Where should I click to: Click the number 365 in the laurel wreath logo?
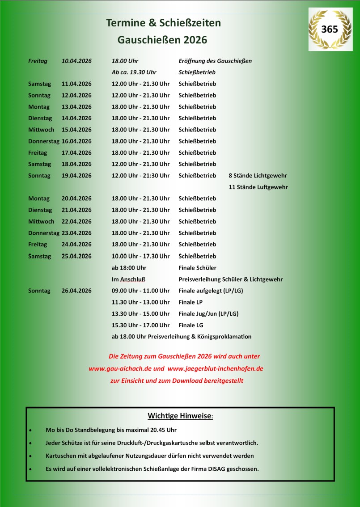330,29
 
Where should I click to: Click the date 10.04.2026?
76,61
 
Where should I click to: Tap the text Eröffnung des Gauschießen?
215,61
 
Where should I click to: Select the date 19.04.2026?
76,176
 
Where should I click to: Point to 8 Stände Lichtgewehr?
258,176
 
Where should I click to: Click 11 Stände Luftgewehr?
258,187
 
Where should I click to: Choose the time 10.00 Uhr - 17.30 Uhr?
140,256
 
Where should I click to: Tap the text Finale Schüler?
197,268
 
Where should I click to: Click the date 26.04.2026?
76,291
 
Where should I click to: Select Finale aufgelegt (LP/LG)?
211,291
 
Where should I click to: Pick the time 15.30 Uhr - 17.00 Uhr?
140,325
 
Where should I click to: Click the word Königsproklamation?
229,337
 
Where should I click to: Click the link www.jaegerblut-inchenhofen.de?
215,369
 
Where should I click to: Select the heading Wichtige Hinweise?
181,416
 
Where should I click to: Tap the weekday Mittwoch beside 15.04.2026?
41,130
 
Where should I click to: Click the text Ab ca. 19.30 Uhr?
134,72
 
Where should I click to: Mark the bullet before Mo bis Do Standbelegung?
30,430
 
